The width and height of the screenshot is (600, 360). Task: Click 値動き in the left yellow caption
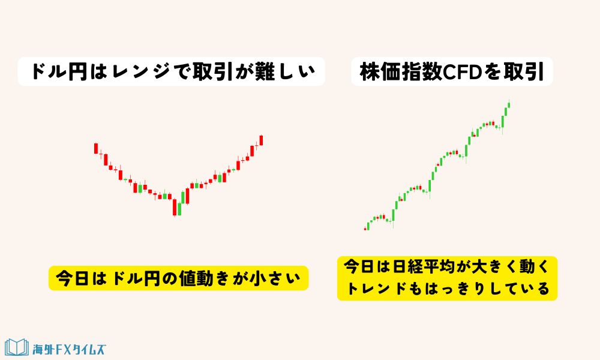(182, 278)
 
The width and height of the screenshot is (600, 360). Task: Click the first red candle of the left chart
(95, 148)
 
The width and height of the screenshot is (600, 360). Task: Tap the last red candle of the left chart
(262, 140)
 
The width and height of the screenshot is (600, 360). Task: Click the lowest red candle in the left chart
(175, 208)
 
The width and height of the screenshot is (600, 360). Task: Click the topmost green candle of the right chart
(508, 106)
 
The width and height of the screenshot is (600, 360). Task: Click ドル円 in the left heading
(57, 73)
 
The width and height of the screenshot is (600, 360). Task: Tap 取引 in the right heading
(523, 73)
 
